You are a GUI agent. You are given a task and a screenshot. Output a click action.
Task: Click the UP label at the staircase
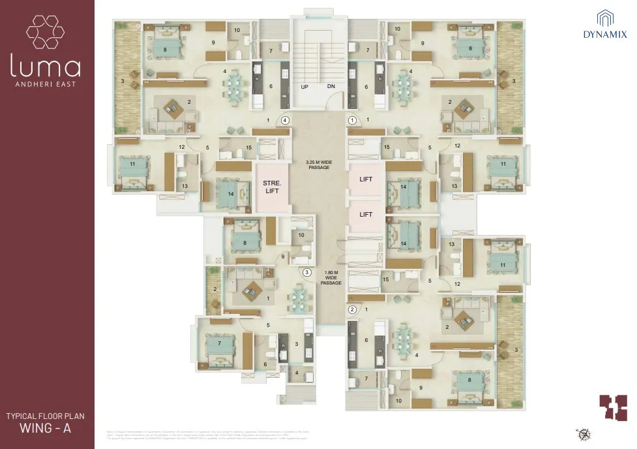tap(304, 87)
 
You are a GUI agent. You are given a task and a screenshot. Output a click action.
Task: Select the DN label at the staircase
tap(331, 87)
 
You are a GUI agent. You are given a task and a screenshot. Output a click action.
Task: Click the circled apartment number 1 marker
tap(353, 120)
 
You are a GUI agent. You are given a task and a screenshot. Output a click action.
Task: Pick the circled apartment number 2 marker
tap(352, 309)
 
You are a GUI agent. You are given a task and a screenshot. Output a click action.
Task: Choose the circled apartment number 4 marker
tap(284, 120)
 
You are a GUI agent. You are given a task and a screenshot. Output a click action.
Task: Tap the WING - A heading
tap(46, 429)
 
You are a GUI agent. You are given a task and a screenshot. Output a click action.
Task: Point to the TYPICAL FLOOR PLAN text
tap(46, 415)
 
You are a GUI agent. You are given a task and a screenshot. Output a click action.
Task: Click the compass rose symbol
tap(582, 433)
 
